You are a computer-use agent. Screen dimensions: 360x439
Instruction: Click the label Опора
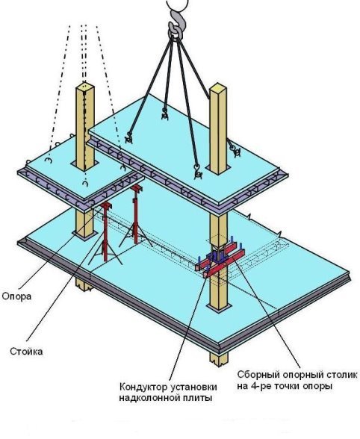point(16,296)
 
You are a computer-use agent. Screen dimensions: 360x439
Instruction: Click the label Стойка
point(26,352)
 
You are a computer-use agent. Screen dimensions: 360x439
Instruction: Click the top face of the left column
point(85,85)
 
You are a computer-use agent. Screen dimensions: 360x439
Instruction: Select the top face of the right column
point(218,87)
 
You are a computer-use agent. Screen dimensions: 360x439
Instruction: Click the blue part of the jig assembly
point(216,256)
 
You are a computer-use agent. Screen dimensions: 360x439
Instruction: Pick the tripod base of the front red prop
point(105,252)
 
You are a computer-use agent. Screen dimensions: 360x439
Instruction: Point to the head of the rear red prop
point(137,188)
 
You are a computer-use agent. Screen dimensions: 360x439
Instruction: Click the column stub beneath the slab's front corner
point(219,359)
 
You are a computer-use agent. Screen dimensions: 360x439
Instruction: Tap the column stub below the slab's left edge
point(84,284)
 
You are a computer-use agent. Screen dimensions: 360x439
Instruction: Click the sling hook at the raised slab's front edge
point(197,172)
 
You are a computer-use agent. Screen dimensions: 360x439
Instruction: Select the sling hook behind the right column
point(235,150)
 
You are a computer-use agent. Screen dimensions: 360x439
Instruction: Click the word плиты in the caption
point(201,398)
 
